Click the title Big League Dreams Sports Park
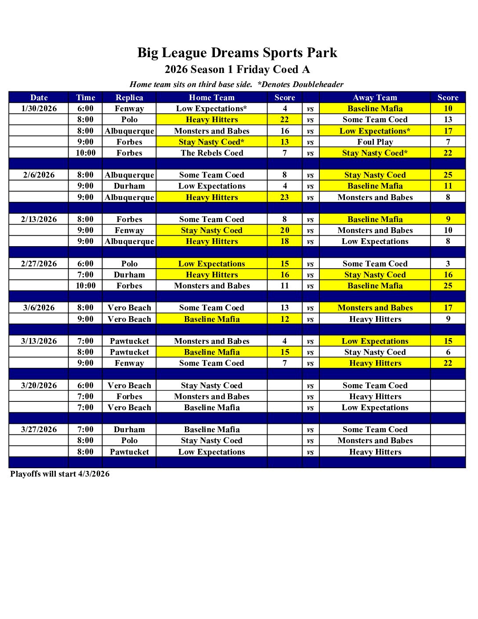[237, 53]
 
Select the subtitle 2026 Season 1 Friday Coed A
[237, 69]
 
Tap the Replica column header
[129, 98]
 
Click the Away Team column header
[375, 98]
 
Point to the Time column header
[85, 98]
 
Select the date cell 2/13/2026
[39, 219]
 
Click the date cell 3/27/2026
[39, 430]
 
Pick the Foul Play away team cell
[375, 142]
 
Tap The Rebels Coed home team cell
[212, 153]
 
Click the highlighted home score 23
[285, 197]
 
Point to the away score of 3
[448, 264]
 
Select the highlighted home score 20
[285, 230]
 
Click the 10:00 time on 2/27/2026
[85, 286]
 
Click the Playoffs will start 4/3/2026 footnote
[60, 474]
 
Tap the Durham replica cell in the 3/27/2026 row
[129, 430]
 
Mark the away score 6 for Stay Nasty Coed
[448, 352]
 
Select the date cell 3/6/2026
[39, 308]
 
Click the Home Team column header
[212, 98]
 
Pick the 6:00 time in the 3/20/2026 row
[85, 386]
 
